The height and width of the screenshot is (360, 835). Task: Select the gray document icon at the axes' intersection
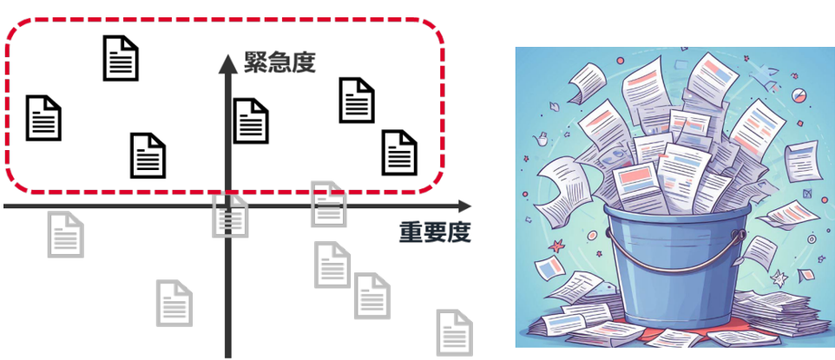tap(231, 216)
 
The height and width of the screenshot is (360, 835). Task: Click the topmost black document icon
tap(121, 58)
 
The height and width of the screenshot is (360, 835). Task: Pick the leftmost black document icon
tap(44, 118)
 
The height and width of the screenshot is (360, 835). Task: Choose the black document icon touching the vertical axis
tap(251, 121)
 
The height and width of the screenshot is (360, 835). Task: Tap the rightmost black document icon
tap(400, 152)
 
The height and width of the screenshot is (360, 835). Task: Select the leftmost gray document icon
tap(66, 235)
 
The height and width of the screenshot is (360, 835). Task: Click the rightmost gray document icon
tap(455, 331)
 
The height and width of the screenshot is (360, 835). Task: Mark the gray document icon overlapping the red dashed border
tap(329, 203)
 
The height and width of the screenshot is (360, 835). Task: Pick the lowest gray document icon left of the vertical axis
tap(174, 303)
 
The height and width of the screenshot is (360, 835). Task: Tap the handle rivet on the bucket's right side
tap(736, 234)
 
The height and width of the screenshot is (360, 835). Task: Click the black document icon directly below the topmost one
tap(147, 155)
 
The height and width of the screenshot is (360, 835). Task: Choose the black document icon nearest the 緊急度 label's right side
tap(356, 100)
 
